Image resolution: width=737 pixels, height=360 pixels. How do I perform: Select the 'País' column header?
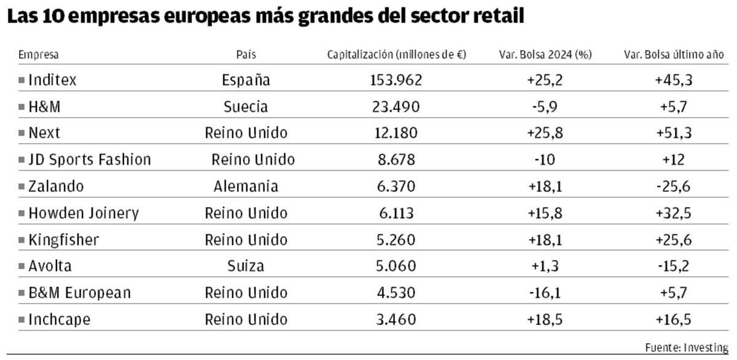pos(246,55)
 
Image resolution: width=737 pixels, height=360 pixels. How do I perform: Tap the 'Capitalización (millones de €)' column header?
pos(396,55)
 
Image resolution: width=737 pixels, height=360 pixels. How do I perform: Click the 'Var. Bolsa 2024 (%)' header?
pos(544,55)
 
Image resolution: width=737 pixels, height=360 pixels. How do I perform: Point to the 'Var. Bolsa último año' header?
pos(674,55)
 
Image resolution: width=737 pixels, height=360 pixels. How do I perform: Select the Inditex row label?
pos(52,80)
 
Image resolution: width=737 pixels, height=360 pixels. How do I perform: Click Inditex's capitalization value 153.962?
pos(396,80)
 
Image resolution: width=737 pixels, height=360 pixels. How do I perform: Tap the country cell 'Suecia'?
pos(246,107)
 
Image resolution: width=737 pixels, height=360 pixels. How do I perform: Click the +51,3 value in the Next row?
pos(674,133)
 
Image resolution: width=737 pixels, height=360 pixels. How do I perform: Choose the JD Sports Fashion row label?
pos(89,160)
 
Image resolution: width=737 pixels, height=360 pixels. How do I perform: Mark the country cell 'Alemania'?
pos(246,187)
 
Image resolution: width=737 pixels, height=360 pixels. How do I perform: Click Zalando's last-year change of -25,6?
pos(674,187)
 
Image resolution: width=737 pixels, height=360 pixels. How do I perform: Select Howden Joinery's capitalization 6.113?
pos(396,213)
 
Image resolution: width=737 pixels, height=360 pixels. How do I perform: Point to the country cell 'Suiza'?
pos(246,267)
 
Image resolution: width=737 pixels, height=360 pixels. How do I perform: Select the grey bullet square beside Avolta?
pos(21,267)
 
